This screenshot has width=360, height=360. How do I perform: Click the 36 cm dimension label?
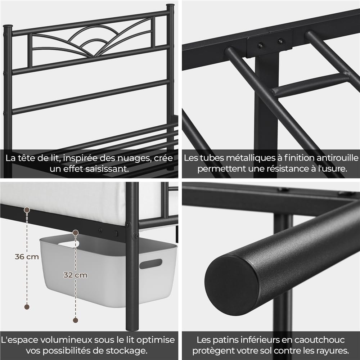coord(27,257)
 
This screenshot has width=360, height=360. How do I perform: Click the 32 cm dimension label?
coord(75,275)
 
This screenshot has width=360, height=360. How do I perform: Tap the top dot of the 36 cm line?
coord(27,210)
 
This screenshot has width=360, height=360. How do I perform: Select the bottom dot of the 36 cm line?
coord(27,307)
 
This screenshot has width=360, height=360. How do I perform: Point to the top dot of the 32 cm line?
coord(76,233)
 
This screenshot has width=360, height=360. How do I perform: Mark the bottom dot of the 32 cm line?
coord(76,320)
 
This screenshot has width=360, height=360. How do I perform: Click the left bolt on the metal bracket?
coord(260,45)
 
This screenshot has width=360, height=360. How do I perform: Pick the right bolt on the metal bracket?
coord(280,41)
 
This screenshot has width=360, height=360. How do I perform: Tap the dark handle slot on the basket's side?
coord(150,264)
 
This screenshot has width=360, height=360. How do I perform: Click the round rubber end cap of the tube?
coord(231,285)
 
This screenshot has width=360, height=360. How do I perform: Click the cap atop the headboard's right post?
coord(170,5)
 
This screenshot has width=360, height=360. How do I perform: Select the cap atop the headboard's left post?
coord(8,26)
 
